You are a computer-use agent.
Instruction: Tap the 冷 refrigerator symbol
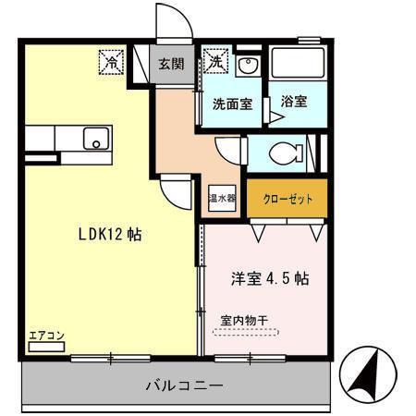pyautogui.click(x=111, y=63)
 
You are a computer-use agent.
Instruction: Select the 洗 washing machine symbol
pyautogui.click(x=215, y=63)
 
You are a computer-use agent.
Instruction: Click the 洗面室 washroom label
pyautogui.click(x=232, y=104)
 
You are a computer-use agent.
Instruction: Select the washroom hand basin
pyautogui.click(x=247, y=67)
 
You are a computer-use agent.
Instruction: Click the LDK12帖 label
pyautogui.click(x=108, y=235)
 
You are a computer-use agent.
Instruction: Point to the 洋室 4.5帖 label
pyautogui.click(x=268, y=278)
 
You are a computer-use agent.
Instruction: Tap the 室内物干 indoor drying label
pyautogui.click(x=244, y=321)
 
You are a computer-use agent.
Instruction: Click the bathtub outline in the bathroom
pyautogui.click(x=299, y=64)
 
